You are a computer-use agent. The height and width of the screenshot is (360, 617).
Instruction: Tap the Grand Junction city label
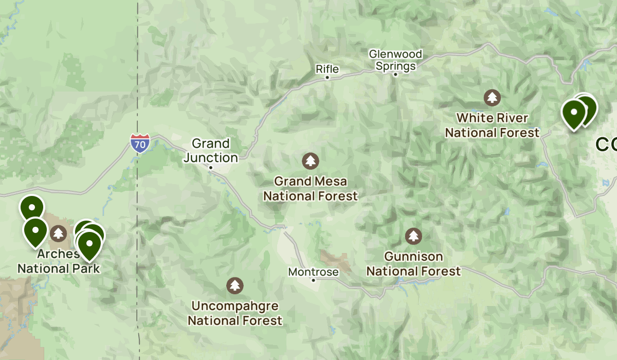(211, 150)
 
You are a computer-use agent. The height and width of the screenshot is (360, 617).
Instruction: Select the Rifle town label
(327, 68)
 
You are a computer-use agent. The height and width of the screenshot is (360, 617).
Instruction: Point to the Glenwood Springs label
(395, 60)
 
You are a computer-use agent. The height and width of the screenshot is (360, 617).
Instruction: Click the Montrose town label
(313, 272)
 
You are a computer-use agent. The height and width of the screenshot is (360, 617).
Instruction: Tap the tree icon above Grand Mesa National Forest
(310, 161)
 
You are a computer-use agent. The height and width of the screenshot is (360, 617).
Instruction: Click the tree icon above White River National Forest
(493, 97)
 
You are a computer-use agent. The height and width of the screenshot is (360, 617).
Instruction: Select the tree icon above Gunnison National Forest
(413, 236)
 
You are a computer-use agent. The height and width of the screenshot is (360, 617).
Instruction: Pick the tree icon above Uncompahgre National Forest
(235, 285)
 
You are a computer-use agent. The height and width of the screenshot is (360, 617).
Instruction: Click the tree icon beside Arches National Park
(59, 234)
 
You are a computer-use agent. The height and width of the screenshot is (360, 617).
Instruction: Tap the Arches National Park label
(58, 261)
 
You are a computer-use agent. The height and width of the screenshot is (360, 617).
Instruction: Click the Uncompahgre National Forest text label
(235, 313)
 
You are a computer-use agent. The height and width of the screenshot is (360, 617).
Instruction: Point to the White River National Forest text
(492, 125)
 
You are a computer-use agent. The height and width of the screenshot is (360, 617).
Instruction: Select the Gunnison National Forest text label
(413, 263)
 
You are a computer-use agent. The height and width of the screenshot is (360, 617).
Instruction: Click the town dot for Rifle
(327, 78)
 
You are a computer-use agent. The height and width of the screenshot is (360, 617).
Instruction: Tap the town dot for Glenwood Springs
(395, 75)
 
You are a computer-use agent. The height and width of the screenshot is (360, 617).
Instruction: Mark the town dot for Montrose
(313, 280)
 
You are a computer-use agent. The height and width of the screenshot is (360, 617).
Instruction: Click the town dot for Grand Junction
(211, 167)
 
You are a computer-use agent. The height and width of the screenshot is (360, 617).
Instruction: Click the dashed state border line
(138, 77)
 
